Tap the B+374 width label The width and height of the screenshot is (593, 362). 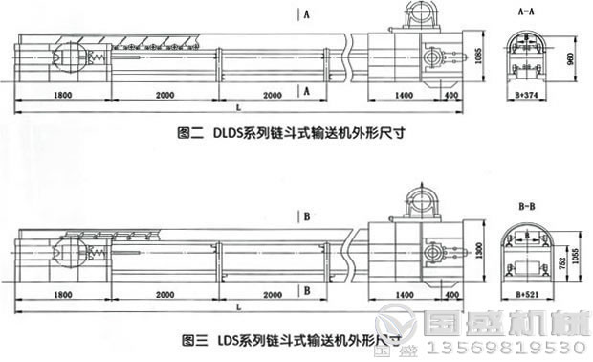(528, 97)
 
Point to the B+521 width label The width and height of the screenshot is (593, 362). (528, 287)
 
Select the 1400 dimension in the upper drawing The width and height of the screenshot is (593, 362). (401, 97)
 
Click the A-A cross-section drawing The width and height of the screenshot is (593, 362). (527, 54)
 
